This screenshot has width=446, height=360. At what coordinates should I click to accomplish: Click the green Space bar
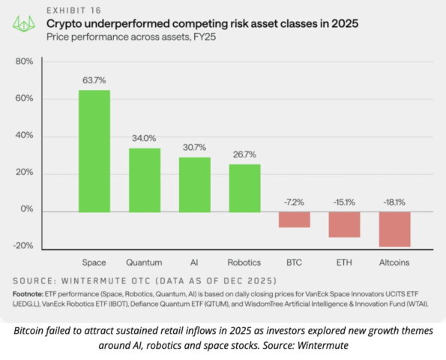tap(95, 151)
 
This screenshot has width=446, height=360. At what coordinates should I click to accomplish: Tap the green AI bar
tap(194, 184)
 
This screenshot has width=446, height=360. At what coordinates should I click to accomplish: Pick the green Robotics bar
tap(244, 187)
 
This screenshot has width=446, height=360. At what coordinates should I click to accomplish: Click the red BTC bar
tap(294, 219)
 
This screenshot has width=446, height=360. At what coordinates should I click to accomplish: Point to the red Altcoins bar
tap(394, 229)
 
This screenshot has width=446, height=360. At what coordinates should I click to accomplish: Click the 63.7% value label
tap(95, 79)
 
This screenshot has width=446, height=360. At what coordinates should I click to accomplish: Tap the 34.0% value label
tap(145, 138)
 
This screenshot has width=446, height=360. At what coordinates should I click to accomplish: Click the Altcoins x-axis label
tap(394, 262)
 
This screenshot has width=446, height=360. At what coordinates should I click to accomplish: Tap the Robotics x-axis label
tap(244, 262)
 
